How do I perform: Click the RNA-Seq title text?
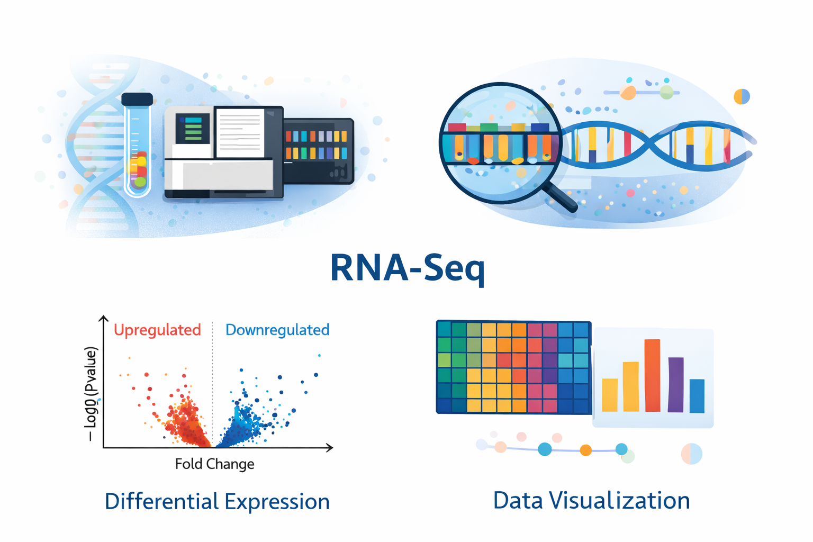pos(407,268)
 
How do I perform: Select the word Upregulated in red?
pos(157,330)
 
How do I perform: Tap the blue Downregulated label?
pos(277,330)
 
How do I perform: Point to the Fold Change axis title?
pos(214,464)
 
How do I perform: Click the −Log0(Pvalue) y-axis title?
pos(92,394)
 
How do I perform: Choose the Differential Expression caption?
pos(217,501)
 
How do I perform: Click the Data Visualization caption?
pos(591,500)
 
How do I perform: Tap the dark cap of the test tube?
pos(137,99)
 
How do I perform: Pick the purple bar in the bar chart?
pos(675,385)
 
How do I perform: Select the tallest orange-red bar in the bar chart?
pos(652,375)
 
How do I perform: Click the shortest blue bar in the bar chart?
pos(697,396)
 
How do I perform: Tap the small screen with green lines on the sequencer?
pos(192,129)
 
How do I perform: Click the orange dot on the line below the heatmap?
pos(585,450)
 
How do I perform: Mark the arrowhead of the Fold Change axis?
pos(330,448)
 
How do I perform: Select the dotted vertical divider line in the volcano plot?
pos(212,381)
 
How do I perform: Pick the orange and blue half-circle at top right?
pos(742,96)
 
